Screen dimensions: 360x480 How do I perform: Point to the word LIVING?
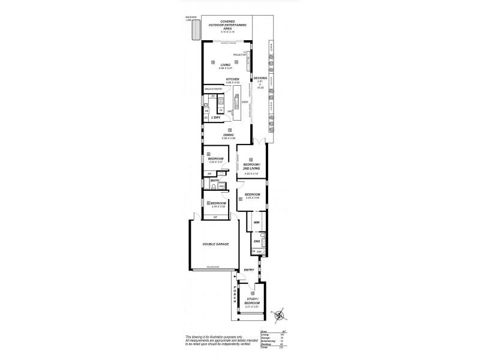tap(226, 65)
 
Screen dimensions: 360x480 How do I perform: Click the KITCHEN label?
tap(233, 79)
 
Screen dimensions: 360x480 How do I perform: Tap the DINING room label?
tap(229, 134)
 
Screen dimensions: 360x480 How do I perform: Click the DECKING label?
tap(260, 78)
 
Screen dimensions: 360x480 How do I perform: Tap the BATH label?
tap(214, 180)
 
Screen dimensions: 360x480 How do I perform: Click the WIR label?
tap(256, 222)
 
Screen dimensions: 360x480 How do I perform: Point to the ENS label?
tap(256, 242)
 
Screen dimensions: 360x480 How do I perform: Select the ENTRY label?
tap(249, 270)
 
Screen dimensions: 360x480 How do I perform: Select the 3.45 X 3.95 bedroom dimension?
tap(253, 198)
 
